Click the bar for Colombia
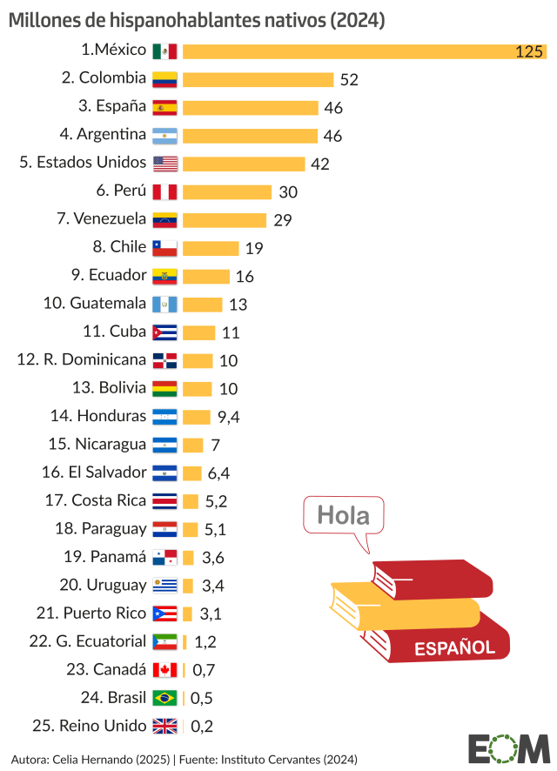pyautogui.click(x=258, y=79)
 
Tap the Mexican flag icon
pyautogui.click(x=164, y=50)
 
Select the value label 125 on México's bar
pyautogui.click(x=528, y=52)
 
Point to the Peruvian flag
pyautogui.click(x=164, y=191)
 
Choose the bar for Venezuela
pyautogui.click(x=225, y=220)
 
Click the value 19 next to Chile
pyautogui.click(x=254, y=249)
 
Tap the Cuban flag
pyautogui.click(x=164, y=332)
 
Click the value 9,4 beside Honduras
pyautogui.click(x=228, y=417)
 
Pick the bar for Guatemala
pyautogui.click(x=203, y=305)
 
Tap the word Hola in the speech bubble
pyautogui.click(x=343, y=515)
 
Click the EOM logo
pyautogui.click(x=508, y=747)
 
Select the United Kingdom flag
pyautogui.click(x=164, y=726)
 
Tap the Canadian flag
pyautogui.click(x=164, y=670)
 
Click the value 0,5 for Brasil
pyautogui.click(x=202, y=698)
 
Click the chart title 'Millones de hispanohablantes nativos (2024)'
pyautogui.click(x=198, y=19)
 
